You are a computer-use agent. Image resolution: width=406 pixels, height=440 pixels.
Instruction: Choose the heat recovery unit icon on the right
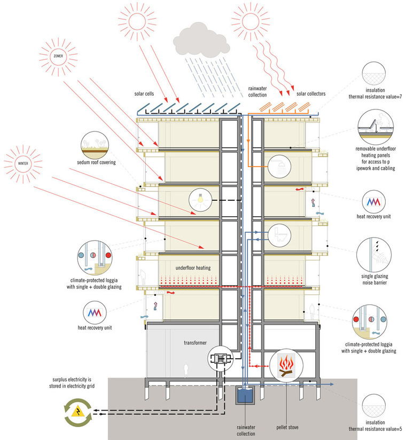point(376,200)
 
